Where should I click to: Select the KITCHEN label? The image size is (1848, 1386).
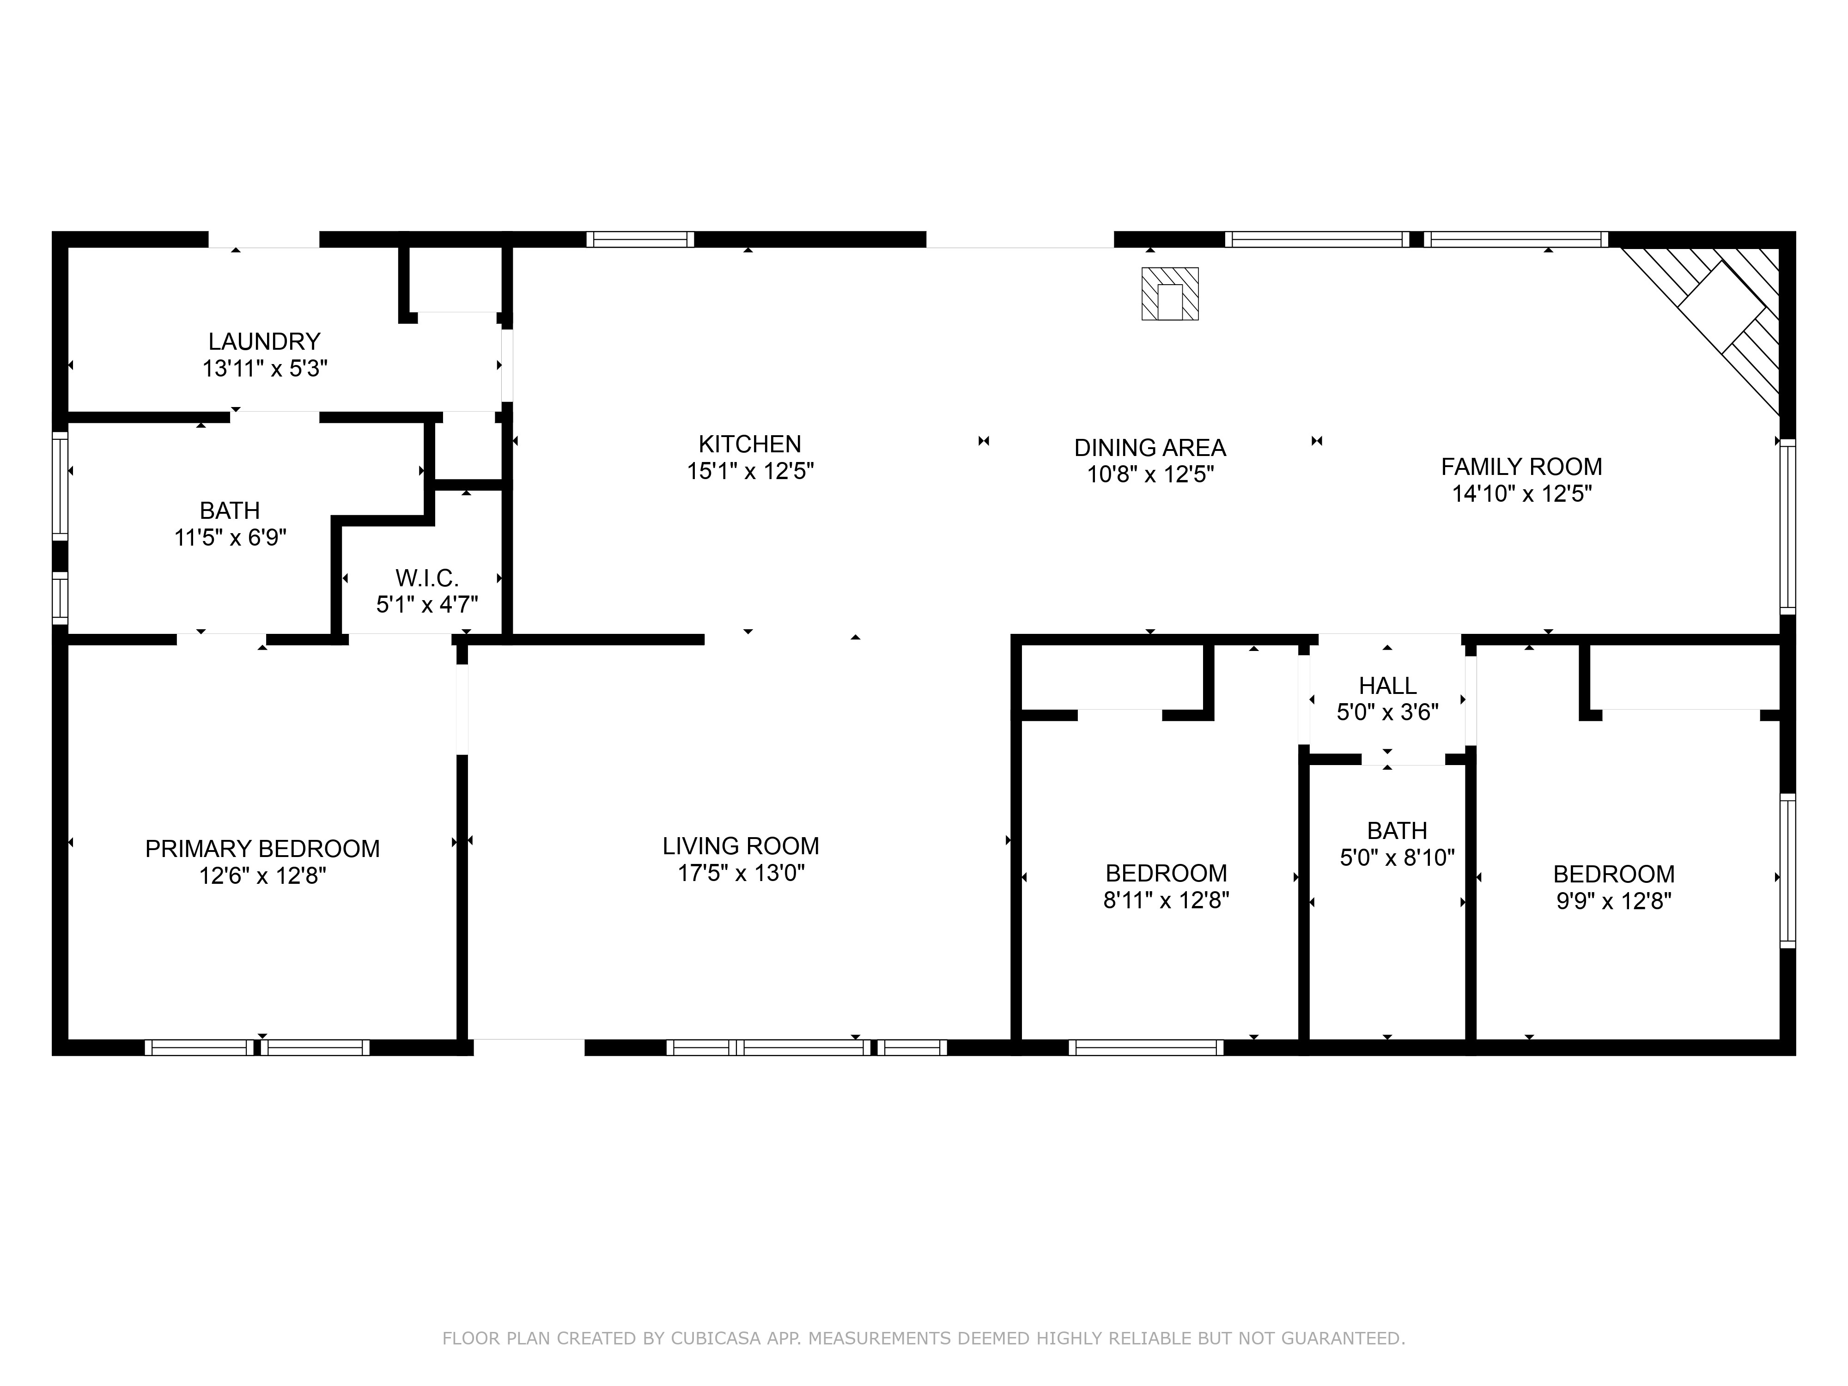point(749,444)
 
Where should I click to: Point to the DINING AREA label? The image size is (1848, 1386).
point(1149,448)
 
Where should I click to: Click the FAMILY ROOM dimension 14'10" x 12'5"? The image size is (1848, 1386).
point(1521,494)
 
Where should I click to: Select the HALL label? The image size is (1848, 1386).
point(1387,686)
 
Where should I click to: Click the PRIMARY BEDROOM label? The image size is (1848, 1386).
point(262,849)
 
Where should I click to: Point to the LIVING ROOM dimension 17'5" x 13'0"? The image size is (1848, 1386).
point(741,873)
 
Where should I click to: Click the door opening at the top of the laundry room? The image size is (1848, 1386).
point(264,240)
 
